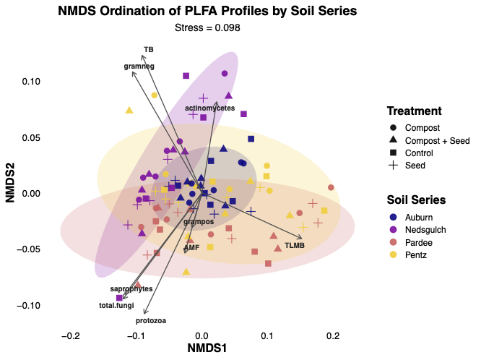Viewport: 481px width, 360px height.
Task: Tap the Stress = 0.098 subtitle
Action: point(207,27)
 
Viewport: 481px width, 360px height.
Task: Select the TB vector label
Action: point(149,49)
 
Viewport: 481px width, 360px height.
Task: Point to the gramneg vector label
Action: point(139,66)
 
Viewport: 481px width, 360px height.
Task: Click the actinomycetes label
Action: point(209,108)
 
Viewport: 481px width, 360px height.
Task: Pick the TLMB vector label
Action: point(295,246)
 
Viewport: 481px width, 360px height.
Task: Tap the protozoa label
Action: point(151,320)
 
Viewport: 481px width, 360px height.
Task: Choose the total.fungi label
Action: point(116,305)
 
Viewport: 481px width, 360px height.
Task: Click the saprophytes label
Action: point(131,288)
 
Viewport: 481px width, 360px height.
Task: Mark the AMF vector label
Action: point(191,247)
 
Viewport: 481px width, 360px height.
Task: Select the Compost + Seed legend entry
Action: point(429,140)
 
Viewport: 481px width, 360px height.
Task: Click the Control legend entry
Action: point(419,153)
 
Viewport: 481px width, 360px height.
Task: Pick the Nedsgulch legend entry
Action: point(426,229)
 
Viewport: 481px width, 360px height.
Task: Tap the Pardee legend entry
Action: point(418,242)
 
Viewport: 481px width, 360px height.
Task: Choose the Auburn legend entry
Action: point(419,216)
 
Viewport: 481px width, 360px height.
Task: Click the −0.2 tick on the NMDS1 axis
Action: point(70,336)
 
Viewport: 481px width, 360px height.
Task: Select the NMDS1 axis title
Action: point(207,349)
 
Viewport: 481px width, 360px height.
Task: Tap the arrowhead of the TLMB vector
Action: point(302,238)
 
